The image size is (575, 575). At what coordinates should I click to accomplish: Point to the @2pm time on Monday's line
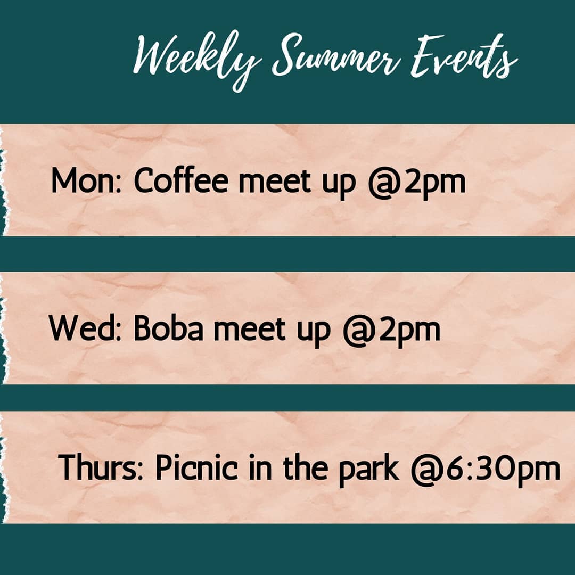416,182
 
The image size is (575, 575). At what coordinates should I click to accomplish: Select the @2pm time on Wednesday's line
391,330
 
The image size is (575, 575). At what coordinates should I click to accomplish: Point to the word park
368,470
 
